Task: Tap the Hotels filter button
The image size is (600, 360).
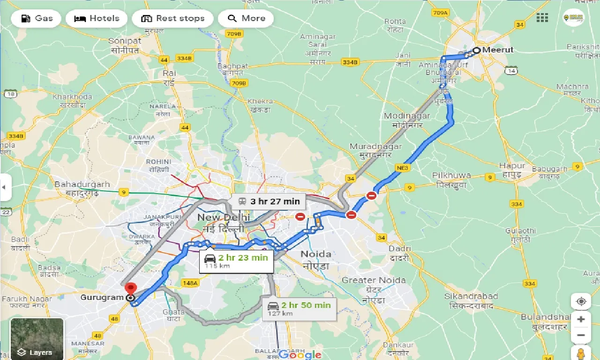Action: point(97,19)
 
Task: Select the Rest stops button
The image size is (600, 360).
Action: point(172,19)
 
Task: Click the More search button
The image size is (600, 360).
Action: point(246,19)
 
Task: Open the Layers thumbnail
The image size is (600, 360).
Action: point(37,339)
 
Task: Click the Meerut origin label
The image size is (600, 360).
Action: point(498,50)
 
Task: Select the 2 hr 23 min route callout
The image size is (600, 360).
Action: point(236,261)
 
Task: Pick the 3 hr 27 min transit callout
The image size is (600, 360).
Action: point(269,202)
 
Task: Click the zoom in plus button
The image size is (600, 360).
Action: point(581,319)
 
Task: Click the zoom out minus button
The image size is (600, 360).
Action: point(581,335)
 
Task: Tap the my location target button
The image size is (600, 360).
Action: point(581,301)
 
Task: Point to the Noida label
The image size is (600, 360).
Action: point(315,254)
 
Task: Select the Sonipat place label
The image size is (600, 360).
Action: point(125,41)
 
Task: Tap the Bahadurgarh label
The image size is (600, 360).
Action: point(82,184)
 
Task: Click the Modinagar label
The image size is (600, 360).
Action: point(404,116)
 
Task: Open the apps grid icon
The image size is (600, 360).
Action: point(542,18)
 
